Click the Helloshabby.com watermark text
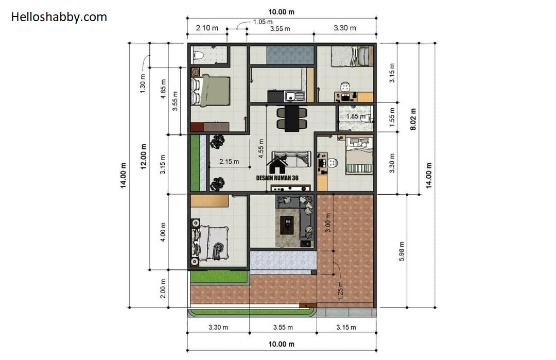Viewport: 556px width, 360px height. pos(59,17)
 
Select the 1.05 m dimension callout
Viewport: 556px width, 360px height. pos(263,22)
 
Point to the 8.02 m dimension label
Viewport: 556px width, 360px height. pos(413,119)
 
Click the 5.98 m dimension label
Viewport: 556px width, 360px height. pos(402,251)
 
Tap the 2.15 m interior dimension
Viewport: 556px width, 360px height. pos(229,161)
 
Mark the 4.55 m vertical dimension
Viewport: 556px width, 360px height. pos(262,148)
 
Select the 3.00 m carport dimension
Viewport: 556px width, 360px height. pos(328,222)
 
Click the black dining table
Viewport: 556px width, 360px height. pos(291,118)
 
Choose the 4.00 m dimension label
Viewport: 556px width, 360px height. pos(163,232)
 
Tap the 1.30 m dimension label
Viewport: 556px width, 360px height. pos(143,83)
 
